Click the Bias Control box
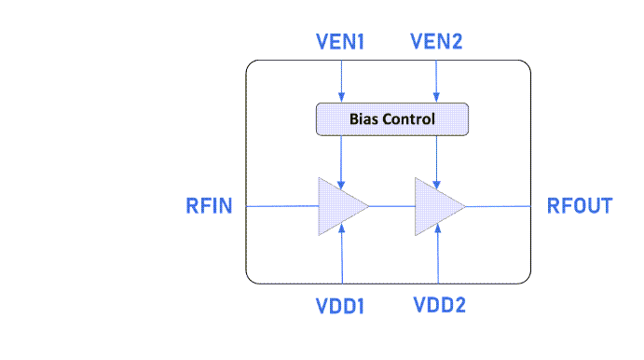pyautogui.click(x=391, y=119)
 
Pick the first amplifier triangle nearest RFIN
pyautogui.click(x=337, y=206)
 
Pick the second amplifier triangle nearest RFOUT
pyautogui.click(x=433, y=206)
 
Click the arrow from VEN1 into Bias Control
pyautogui.click(x=342, y=79)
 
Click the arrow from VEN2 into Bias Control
pyautogui.click(x=436, y=79)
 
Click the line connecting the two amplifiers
pyautogui.click(x=391, y=206)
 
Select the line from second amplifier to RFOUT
pyautogui.click(x=498, y=206)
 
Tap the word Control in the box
pyautogui.click(x=408, y=119)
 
